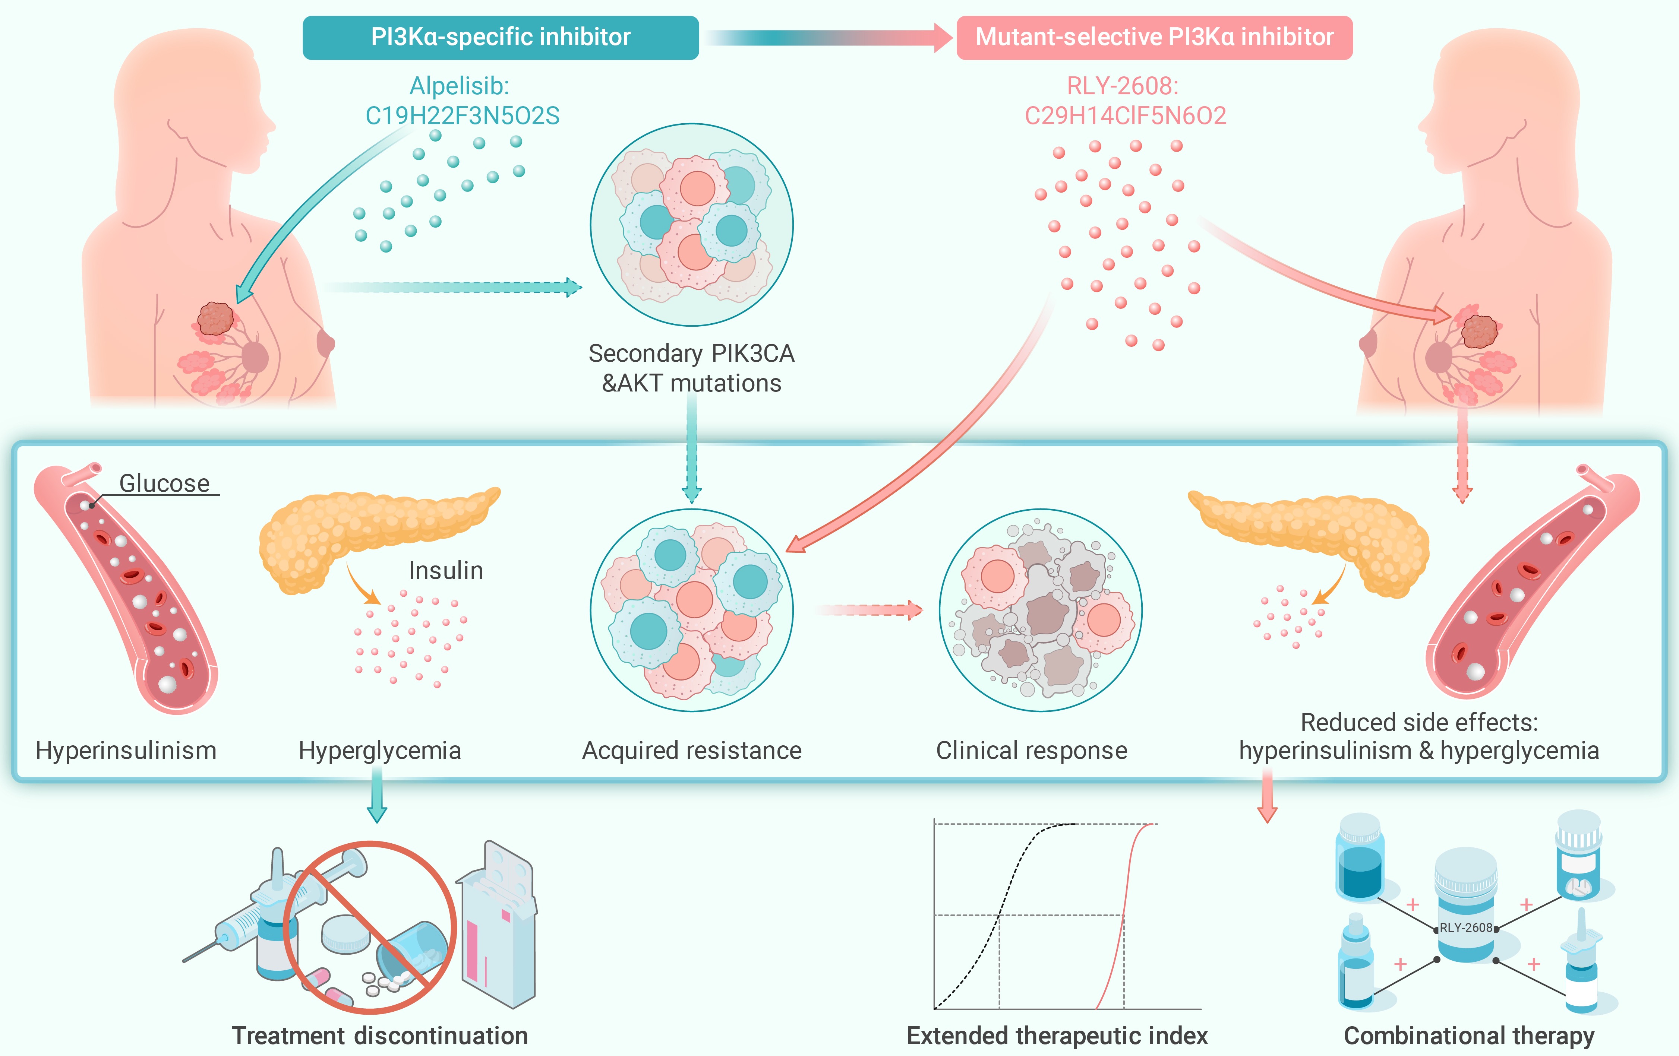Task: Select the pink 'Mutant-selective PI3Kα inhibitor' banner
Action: [x=1154, y=37]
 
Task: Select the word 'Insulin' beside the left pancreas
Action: [x=445, y=570]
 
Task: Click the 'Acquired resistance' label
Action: [x=692, y=751]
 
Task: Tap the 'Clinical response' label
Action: [x=1031, y=751]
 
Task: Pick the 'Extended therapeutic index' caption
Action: [x=1057, y=1036]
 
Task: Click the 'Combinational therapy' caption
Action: [x=1468, y=1036]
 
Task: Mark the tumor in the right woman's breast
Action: [x=1479, y=331]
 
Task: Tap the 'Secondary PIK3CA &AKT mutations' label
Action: [x=692, y=368]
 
